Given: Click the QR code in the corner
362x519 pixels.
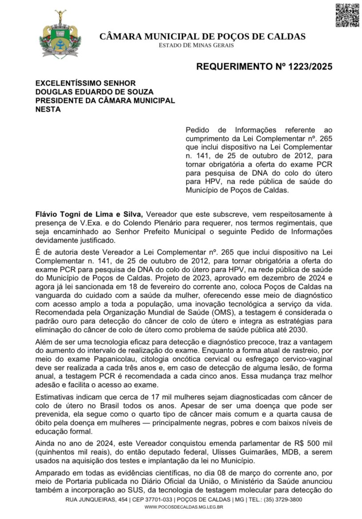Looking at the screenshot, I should (x=347, y=15).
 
